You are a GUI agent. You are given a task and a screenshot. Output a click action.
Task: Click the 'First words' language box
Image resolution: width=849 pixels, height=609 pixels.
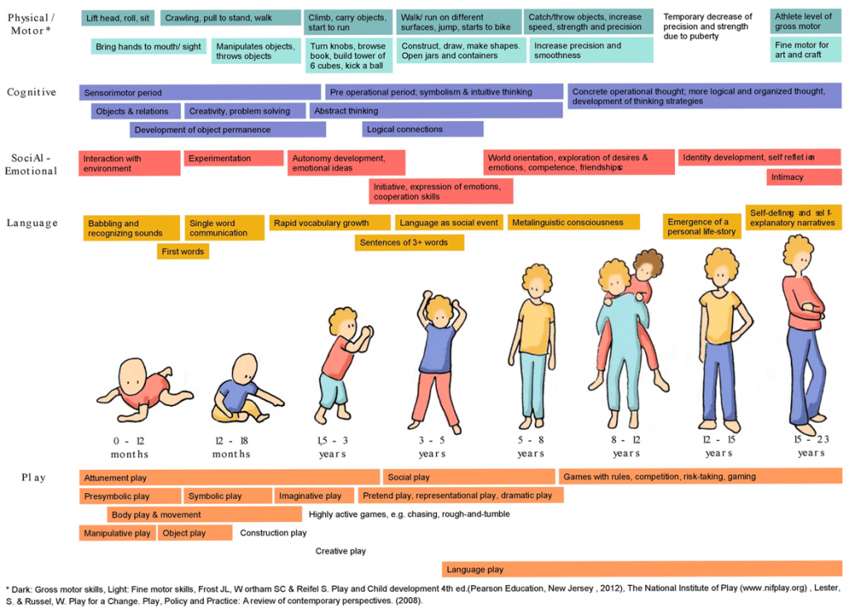183,251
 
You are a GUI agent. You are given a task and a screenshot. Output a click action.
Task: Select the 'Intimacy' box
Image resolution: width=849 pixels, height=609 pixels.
804,177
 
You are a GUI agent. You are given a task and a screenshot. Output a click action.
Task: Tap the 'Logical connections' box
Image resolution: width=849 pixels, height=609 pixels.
422,129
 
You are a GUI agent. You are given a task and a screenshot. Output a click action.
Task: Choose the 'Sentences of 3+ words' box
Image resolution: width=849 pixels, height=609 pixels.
410,243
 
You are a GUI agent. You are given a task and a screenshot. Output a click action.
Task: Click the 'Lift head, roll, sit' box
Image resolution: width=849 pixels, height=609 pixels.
118,18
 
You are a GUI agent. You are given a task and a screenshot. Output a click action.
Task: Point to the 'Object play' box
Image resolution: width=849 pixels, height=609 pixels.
195,533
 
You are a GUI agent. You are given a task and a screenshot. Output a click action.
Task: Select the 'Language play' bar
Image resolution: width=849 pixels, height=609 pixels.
643,569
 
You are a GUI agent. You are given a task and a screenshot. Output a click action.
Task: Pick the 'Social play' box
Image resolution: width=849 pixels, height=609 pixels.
469,477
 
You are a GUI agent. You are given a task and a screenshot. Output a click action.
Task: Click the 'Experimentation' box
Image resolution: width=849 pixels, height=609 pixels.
233,158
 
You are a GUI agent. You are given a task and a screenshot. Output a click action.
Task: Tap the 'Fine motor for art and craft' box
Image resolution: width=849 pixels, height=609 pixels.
806,50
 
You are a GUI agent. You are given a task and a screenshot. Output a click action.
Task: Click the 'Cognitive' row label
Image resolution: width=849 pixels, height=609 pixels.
32,92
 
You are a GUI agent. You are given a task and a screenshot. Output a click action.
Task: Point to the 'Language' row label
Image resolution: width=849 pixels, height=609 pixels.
32,223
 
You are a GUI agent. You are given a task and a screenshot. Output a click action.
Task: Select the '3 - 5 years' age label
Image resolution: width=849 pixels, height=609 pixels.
432,447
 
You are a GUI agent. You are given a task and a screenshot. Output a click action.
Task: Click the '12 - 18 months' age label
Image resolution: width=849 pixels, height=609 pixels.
231,447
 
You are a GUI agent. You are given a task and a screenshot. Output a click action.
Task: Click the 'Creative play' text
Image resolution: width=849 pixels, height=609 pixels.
341,551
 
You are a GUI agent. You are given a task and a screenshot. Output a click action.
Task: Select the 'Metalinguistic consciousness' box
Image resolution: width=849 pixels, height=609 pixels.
574,222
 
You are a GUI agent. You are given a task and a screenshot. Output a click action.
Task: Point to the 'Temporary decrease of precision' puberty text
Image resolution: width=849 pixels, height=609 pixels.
708,27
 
